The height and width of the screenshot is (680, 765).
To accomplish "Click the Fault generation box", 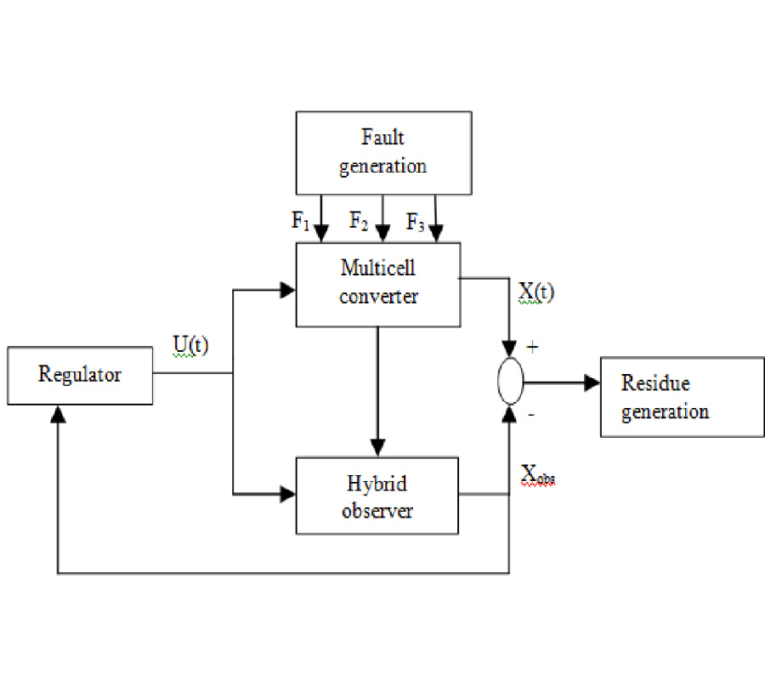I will tap(382, 152).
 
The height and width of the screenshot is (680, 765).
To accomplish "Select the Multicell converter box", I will tap(377, 284).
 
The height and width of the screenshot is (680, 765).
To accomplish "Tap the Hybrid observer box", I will tap(377, 497).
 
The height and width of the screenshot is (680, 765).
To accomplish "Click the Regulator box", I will tap(80, 375).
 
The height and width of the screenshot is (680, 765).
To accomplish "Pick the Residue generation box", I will tap(670, 396).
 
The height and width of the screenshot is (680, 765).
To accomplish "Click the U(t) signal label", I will tap(191, 347).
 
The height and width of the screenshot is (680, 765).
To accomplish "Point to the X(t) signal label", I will tap(535, 292).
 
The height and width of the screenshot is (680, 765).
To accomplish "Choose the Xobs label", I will tap(538, 478).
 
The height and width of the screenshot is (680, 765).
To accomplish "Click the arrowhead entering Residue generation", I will tap(592, 384).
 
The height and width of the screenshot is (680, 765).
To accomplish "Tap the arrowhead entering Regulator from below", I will tap(57, 413).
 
